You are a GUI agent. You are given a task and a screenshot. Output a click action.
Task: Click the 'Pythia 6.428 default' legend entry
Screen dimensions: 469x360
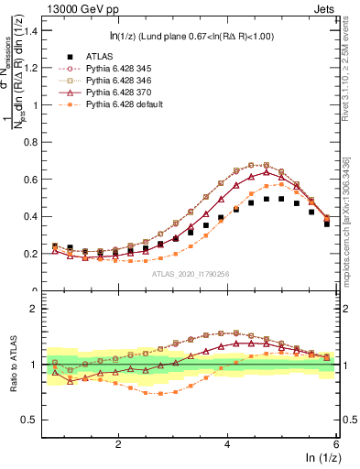click(125, 104)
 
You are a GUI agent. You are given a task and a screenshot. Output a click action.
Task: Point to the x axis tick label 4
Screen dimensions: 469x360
click(227, 443)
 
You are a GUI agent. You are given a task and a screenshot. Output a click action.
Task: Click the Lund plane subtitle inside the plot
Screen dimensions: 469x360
click(196, 37)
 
